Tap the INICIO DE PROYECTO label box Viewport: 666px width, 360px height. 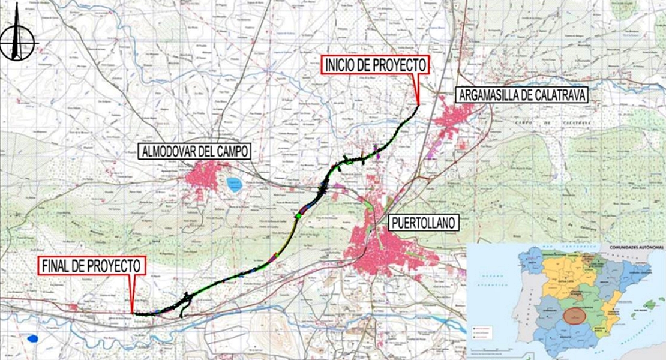376,65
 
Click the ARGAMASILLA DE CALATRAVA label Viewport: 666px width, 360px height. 520,95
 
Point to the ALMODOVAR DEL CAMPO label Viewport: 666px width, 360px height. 194,151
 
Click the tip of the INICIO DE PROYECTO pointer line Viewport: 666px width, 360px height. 418,105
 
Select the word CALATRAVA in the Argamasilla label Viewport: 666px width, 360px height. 555,95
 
